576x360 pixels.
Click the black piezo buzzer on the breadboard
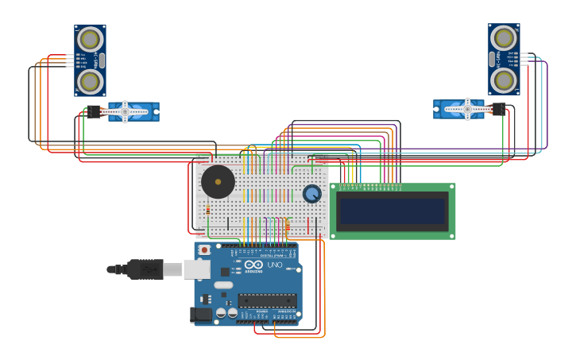[x=218, y=182]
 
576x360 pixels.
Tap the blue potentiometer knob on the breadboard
[x=312, y=194]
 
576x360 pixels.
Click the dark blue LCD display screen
[x=392, y=211]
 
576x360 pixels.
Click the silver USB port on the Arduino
[x=197, y=269]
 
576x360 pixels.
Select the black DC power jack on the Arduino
[x=202, y=314]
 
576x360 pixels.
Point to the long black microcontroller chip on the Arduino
[x=267, y=300]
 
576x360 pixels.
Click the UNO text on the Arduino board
[x=275, y=265]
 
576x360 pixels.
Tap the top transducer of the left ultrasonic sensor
[x=90, y=39]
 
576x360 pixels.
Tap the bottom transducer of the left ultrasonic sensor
[x=90, y=81]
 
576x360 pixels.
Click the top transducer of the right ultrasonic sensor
[x=504, y=37]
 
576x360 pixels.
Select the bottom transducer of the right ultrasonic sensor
[x=504, y=79]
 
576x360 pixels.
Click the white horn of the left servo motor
[x=126, y=111]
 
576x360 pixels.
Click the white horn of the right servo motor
[x=467, y=109]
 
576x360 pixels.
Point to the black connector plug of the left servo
[x=95, y=112]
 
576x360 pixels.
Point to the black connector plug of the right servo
[x=498, y=109]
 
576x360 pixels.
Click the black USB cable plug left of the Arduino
[x=145, y=269]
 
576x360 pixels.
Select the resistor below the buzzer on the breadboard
[x=208, y=210]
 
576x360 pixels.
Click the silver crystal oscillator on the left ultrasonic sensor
[x=102, y=60]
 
